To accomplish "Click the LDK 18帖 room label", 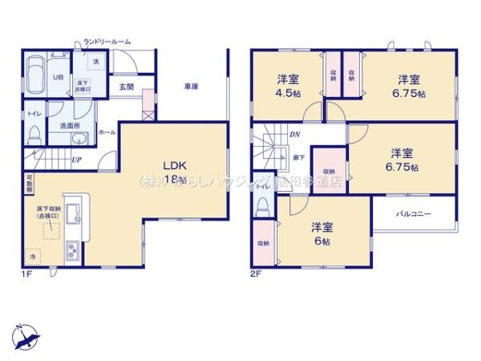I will pos(174,172).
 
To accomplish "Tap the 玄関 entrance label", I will pos(127,86).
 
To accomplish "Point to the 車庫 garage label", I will pos(190,86).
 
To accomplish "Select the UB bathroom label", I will pos(58,77).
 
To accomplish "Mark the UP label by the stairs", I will pos(75,160).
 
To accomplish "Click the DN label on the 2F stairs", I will pos(294,135).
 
